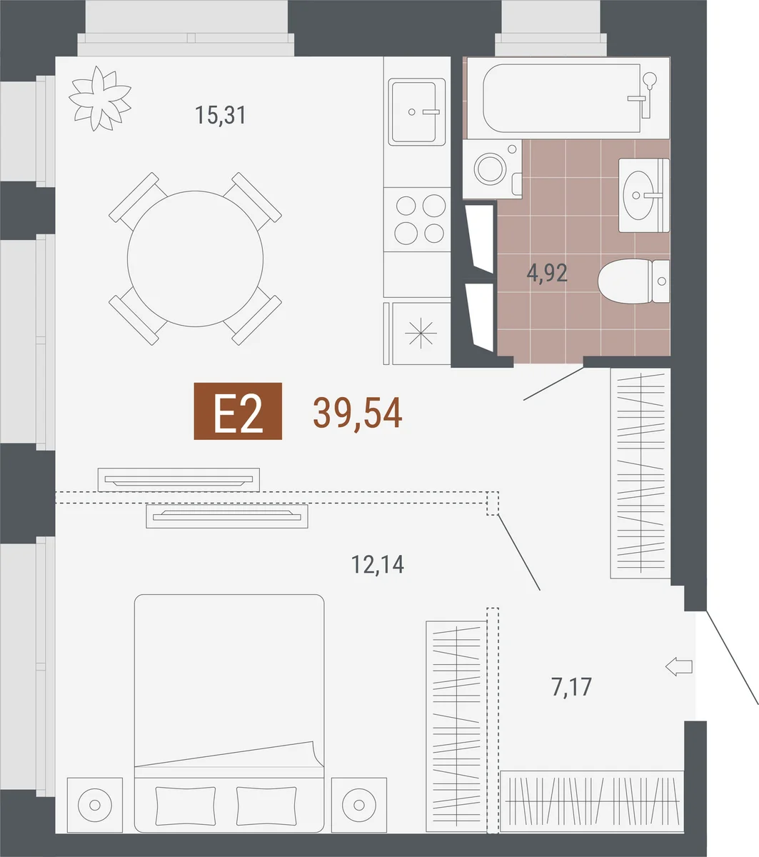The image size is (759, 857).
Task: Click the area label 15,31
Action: pos(221,116)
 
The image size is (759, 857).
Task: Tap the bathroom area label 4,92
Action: pos(547,273)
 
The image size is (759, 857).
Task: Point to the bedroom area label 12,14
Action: pos(378,564)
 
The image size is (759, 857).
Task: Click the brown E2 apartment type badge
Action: pos(238,411)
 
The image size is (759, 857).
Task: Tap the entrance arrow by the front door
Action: pos(678,667)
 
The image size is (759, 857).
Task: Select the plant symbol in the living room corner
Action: pos(100,98)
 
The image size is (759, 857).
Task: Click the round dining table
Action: pos(196,259)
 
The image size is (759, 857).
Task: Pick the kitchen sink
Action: pos(416,111)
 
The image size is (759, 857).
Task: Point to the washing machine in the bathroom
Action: pos(493,169)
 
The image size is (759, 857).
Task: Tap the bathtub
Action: pos(567,98)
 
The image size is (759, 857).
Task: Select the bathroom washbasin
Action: pos(644,195)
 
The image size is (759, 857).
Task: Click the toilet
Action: pos(634,281)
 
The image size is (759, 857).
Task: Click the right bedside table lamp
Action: pos(359,805)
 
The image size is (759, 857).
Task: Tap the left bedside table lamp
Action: pos(95,805)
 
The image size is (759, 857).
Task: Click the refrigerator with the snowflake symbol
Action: pos(417,334)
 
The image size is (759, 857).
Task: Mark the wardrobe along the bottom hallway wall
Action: pos(592,801)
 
